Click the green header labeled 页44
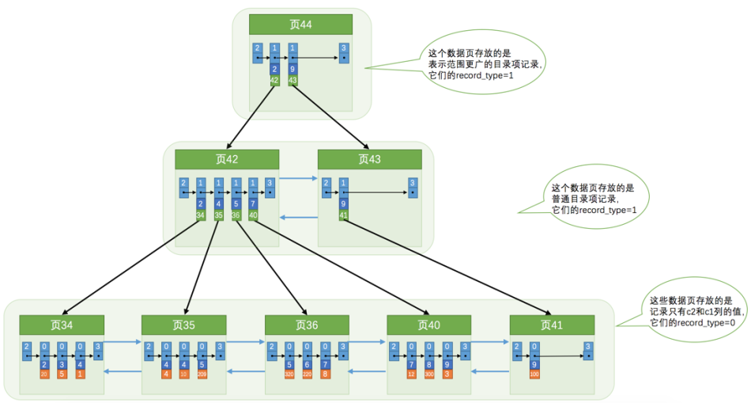tap(300, 25)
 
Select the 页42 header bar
tap(227, 159)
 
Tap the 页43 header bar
tap(369, 159)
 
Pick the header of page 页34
tap(62, 325)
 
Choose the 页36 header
tap(307, 325)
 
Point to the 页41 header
tap(552, 325)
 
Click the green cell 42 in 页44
tap(274, 81)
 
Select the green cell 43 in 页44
tap(293, 81)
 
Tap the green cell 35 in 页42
tap(219, 215)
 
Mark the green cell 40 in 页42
tap(253, 215)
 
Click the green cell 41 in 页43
tap(344, 215)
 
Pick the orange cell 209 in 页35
tap(203, 374)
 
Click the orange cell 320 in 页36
tap(289, 374)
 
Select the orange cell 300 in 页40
tap(429, 374)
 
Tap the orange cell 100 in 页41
tap(534, 374)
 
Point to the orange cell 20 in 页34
tap(44, 374)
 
